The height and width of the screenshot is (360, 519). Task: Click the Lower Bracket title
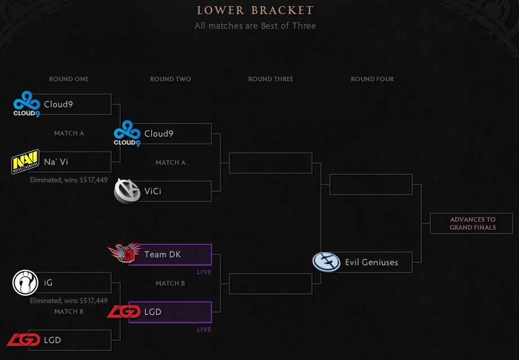(x=255, y=11)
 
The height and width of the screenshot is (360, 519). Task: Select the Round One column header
(x=69, y=79)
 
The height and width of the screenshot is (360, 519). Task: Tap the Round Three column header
(x=271, y=79)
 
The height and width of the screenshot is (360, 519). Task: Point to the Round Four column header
(x=372, y=79)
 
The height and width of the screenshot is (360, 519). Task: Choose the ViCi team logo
(x=127, y=191)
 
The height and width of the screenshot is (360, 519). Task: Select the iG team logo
(x=25, y=283)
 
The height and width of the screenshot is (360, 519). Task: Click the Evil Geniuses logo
(x=326, y=262)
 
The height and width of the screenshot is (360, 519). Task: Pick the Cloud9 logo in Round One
(x=26, y=104)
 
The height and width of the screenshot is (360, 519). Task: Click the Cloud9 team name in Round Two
(x=159, y=134)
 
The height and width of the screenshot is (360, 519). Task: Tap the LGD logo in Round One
(x=22, y=340)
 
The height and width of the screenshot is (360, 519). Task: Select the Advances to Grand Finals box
(x=472, y=223)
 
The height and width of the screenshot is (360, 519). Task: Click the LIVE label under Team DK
(x=204, y=272)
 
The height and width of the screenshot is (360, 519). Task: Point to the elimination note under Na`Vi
(x=68, y=180)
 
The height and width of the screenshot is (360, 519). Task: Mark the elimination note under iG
(x=68, y=301)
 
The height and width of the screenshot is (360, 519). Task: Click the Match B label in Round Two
(x=170, y=283)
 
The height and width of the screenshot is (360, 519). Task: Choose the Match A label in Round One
(x=69, y=133)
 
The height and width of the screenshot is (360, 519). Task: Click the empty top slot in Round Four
(x=371, y=185)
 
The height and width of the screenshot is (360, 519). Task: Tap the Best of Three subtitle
(x=255, y=26)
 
